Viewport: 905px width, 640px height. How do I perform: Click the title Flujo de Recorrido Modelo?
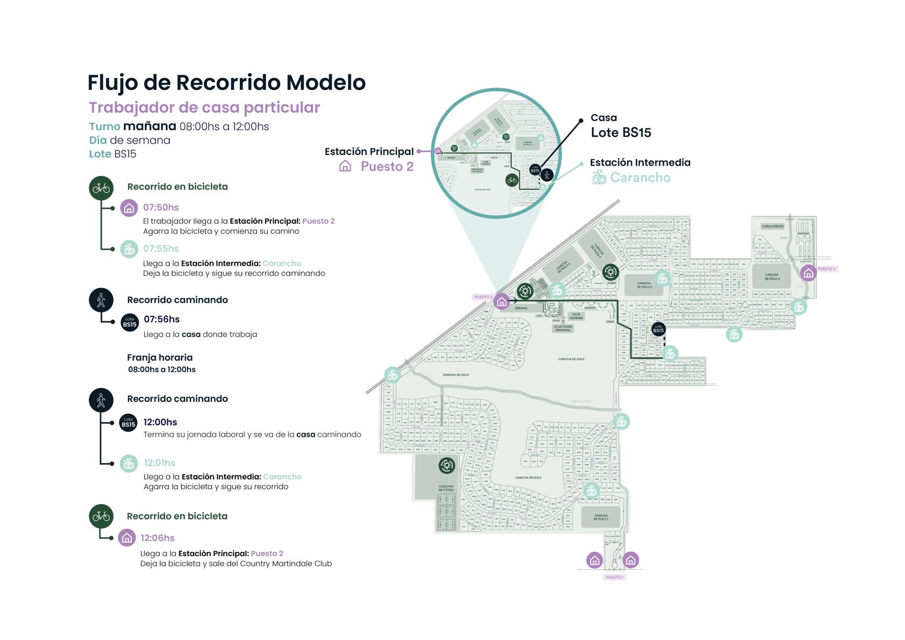pos(226,83)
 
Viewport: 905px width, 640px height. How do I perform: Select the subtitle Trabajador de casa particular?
pos(204,108)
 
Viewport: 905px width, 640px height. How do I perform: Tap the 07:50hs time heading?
pos(161,208)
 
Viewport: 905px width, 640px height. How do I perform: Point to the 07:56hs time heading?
pos(161,319)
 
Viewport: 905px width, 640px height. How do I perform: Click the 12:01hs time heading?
pos(159,463)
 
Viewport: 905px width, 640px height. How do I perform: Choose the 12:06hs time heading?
pos(158,538)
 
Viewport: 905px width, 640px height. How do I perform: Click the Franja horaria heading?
pos(160,358)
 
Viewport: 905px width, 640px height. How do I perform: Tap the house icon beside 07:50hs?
pos(129,208)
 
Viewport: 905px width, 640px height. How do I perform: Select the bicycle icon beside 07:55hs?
pos(129,249)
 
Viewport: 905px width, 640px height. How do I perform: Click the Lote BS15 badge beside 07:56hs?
pos(130,323)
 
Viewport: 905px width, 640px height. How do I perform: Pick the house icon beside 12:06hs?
pos(127,538)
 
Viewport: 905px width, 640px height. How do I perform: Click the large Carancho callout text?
pos(640,178)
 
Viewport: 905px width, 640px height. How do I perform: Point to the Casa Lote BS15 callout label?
pos(621,126)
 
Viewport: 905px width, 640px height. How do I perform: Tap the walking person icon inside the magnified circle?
pos(547,175)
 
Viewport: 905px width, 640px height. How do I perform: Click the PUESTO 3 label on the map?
pos(826,269)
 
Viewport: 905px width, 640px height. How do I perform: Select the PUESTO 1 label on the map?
pos(614,578)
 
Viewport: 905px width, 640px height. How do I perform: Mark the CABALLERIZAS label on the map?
pos(772,226)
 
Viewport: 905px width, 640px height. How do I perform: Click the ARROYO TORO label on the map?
pos(581,402)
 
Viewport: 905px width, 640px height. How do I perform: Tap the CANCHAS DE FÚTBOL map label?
pos(446,488)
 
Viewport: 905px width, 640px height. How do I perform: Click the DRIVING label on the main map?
pos(521,308)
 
